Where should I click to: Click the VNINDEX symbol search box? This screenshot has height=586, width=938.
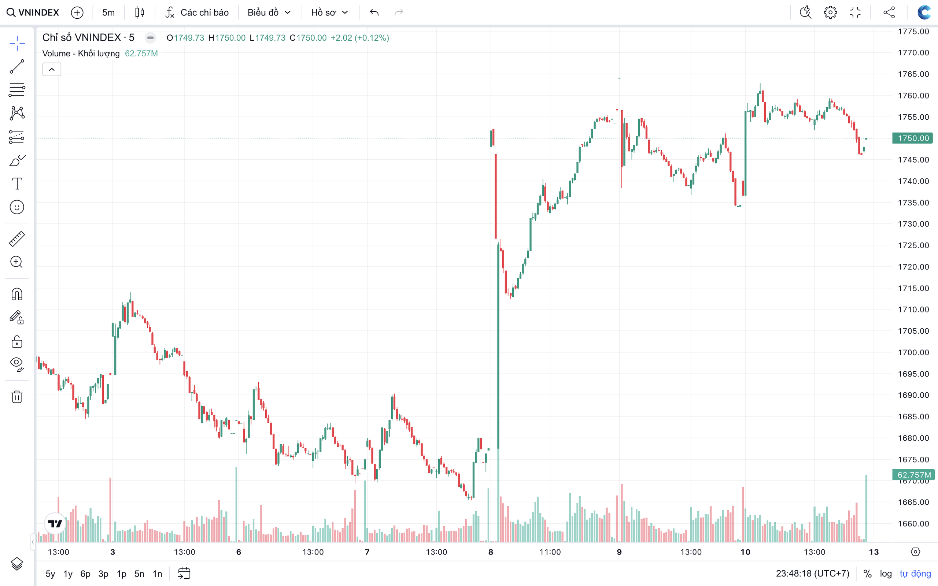coord(33,12)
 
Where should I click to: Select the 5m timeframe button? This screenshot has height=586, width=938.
coord(108,12)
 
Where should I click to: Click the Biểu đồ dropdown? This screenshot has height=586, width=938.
coord(269,12)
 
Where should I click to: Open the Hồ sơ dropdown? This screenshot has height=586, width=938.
coord(329,12)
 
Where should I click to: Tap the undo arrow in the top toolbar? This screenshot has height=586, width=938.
coord(374,12)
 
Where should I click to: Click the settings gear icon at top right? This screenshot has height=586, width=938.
coord(830,12)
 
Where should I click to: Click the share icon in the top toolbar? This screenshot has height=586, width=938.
coord(889,12)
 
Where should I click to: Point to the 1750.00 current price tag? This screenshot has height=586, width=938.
coord(913,138)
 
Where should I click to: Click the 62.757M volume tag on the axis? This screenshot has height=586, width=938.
coord(913,475)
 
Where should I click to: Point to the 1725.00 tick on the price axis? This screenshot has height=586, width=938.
coord(913,245)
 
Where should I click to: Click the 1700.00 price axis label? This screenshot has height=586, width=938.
coord(913,352)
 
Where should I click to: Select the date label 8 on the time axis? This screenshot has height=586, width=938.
coord(491,552)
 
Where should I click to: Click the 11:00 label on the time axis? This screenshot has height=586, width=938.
coord(550,552)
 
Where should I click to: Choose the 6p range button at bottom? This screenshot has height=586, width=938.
coord(85,574)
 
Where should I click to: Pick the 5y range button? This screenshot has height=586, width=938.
coord(51,574)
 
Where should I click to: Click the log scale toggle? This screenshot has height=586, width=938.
coord(886,574)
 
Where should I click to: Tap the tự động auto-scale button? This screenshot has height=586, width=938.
coord(915,574)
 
